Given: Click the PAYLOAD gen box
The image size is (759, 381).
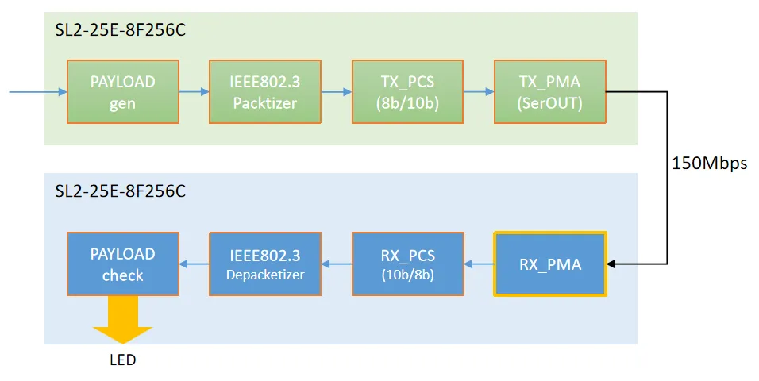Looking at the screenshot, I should (x=122, y=91).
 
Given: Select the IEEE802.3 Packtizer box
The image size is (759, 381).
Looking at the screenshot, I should (x=265, y=91).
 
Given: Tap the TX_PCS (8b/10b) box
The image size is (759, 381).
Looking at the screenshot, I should (x=407, y=91).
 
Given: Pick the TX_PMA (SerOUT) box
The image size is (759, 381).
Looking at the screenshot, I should (x=549, y=91).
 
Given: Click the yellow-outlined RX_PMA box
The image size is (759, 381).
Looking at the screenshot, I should (x=550, y=264).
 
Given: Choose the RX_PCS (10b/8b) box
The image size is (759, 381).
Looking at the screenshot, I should (x=407, y=264).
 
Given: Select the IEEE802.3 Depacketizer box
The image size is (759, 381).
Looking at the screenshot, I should (x=265, y=264).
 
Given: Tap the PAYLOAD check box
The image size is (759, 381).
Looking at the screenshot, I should (x=122, y=264).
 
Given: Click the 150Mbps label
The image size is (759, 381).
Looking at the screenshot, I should (x=709, y=164).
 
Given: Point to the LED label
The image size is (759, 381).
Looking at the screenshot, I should (x=122, y=360).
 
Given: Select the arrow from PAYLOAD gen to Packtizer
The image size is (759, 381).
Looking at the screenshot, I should (x=194, y=92).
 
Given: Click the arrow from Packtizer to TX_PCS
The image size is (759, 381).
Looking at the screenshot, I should (x=337, y=92).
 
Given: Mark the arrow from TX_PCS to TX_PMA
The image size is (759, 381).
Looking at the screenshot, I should (x=479, y=92).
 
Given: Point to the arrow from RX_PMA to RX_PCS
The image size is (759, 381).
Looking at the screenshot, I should (x=479, y=264).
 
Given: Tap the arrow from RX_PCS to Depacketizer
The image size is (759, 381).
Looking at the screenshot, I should (x=337, y=264).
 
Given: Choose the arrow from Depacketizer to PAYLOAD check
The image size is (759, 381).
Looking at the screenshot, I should (x=194, y=264).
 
